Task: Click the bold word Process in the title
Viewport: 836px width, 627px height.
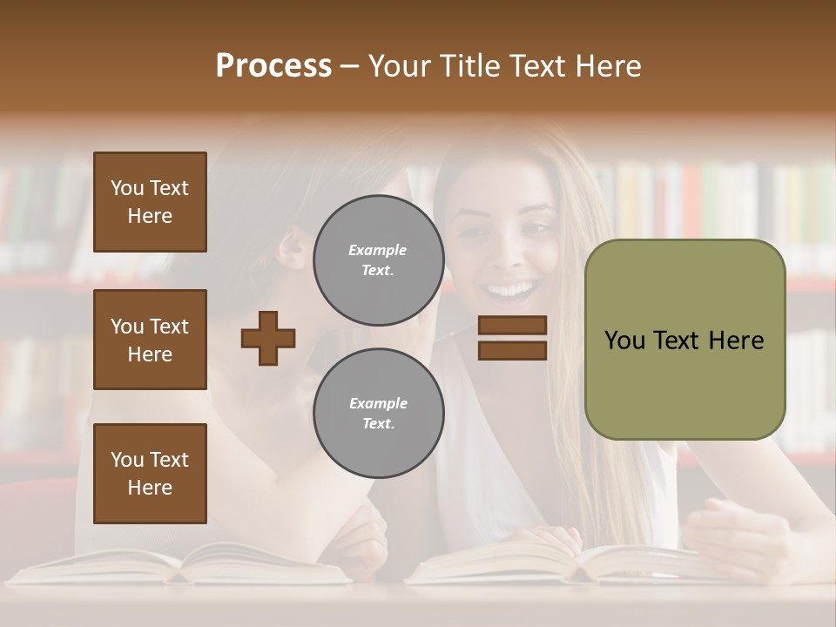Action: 273,66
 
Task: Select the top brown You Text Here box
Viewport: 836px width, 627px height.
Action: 150,202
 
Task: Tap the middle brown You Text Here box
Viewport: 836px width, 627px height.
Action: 150,340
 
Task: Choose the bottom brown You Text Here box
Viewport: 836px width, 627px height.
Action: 150,474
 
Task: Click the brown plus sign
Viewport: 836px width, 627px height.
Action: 268,338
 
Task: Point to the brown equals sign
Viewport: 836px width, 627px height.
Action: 512,338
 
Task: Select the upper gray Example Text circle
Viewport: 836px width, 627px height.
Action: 378,260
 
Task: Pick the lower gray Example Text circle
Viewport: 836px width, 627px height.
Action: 378,414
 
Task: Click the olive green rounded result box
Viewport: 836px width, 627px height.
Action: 684,340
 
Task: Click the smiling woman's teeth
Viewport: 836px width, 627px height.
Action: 510,288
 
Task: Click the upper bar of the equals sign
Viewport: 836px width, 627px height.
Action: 512,326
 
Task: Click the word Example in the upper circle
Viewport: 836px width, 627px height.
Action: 378,251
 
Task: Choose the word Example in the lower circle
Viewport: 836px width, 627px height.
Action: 378,404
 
